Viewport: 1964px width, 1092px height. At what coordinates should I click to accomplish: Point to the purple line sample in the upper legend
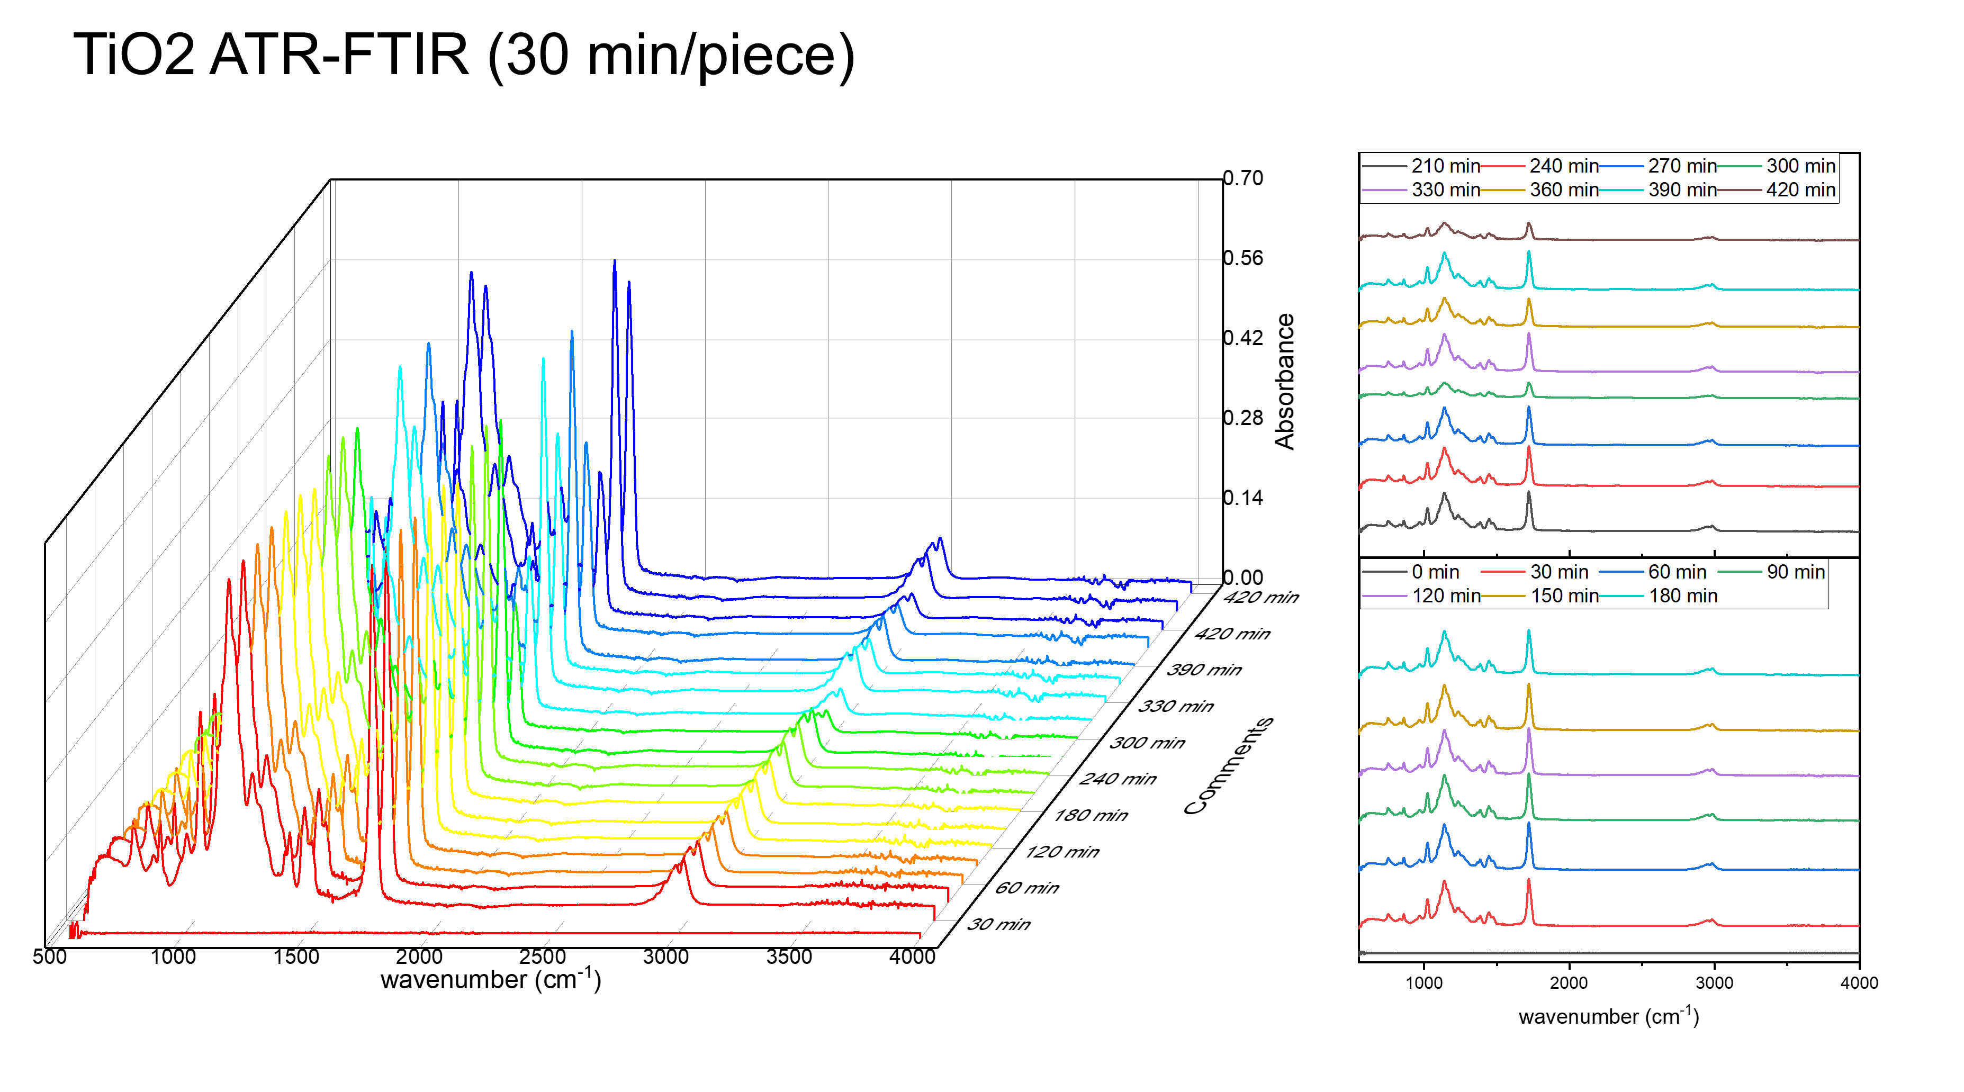point(1384,190)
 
